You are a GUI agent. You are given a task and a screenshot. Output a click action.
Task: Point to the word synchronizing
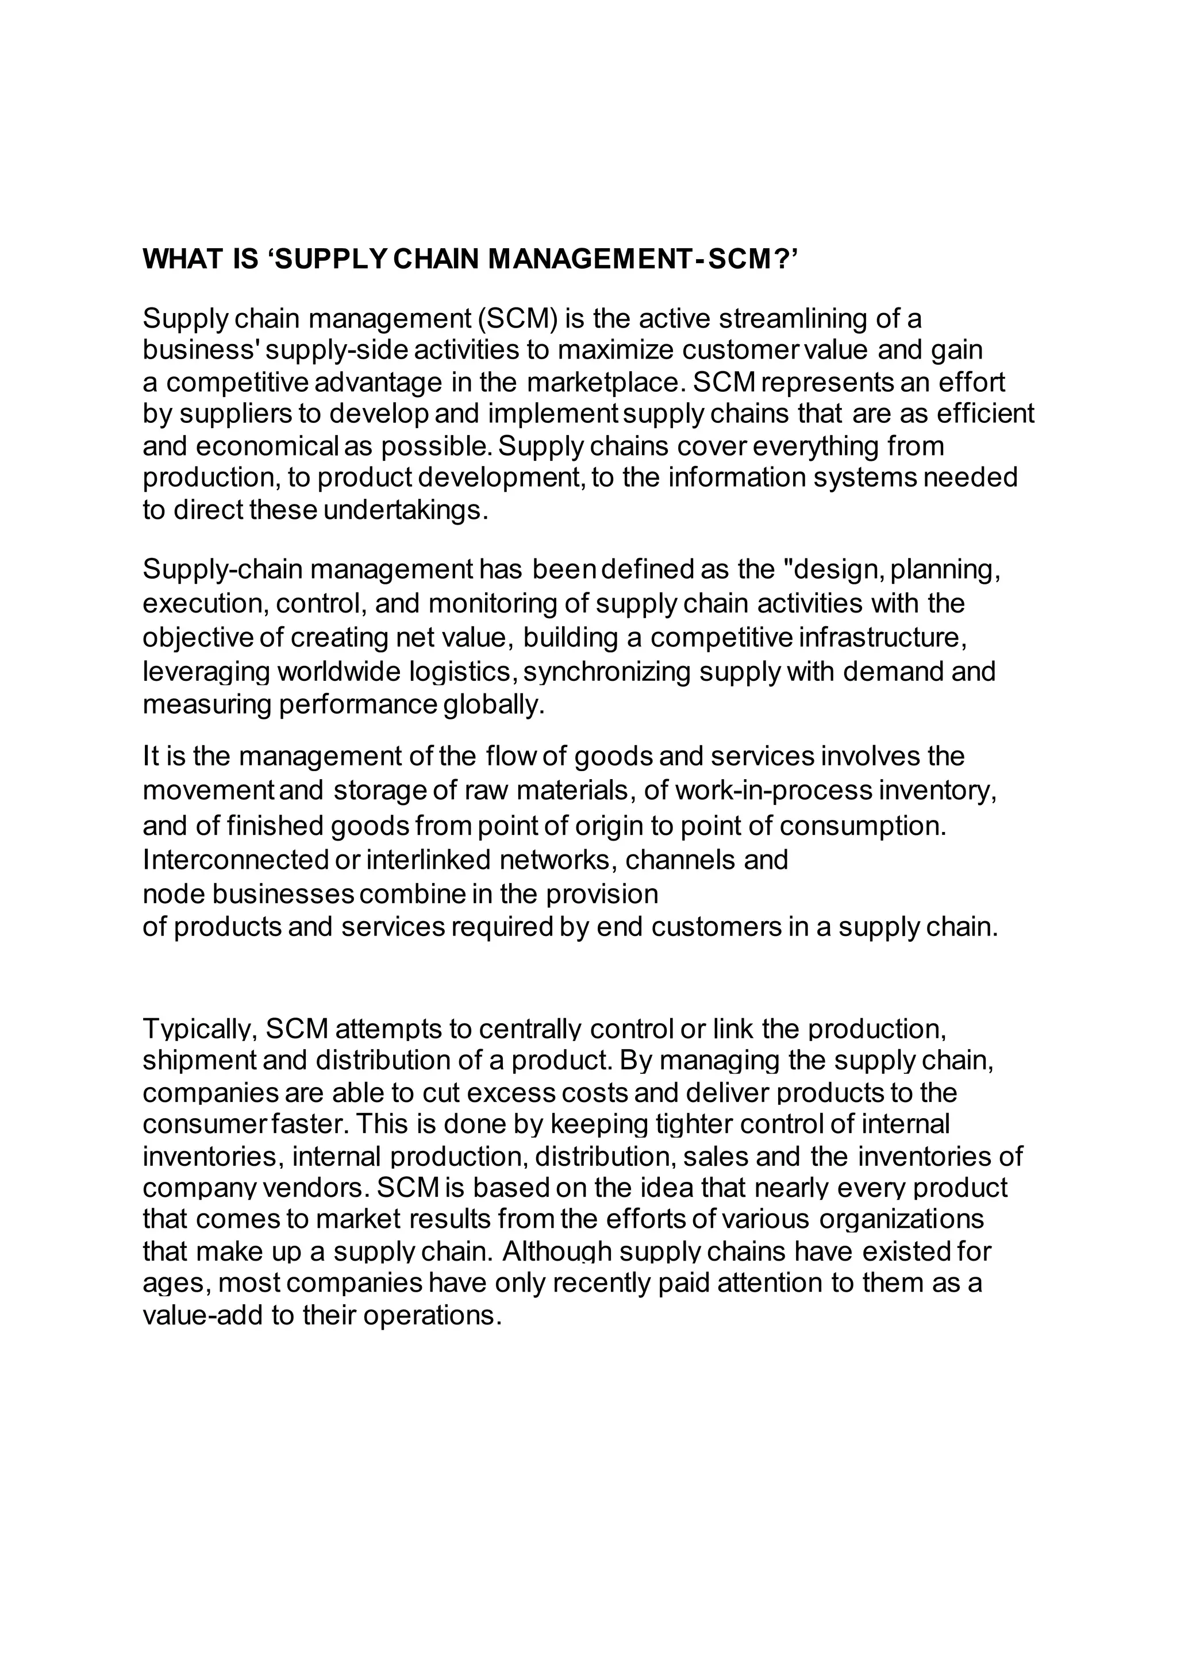607,671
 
